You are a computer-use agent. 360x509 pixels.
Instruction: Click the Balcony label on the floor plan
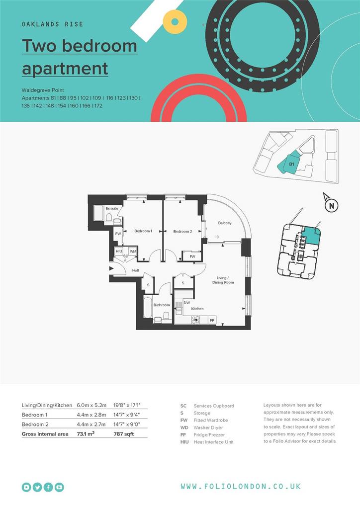coord(225,223)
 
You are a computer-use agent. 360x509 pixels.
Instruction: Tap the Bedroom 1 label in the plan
coord(143,231)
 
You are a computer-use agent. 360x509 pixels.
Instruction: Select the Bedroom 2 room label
coord(182,232)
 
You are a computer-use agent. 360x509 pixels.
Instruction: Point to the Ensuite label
coord(112,208)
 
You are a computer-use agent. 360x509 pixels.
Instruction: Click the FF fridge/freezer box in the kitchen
coord(212,320)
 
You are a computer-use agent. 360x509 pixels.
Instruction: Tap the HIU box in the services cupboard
coord(119,251)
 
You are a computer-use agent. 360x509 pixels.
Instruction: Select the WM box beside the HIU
coord(133,251)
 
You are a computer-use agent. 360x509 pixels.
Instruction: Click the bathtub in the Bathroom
coord(148,308)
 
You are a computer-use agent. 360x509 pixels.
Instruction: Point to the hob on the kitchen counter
coord(195,320)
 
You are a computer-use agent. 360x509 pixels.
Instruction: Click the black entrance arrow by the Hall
coord(112,268)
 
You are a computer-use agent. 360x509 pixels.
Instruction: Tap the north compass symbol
coord(332,205)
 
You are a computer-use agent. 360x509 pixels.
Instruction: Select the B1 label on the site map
coord(291,164)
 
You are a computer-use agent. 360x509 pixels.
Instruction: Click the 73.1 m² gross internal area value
coord(86,433)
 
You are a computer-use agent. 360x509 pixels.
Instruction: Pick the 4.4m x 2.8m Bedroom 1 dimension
coord(91,415)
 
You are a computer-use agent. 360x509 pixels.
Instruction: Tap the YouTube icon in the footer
coord(59,487)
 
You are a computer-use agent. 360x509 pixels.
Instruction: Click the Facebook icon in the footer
coord(48,487)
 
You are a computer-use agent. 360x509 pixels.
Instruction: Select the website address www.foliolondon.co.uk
coord(241,486)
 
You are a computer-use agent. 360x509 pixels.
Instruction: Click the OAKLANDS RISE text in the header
coord(53,24)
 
